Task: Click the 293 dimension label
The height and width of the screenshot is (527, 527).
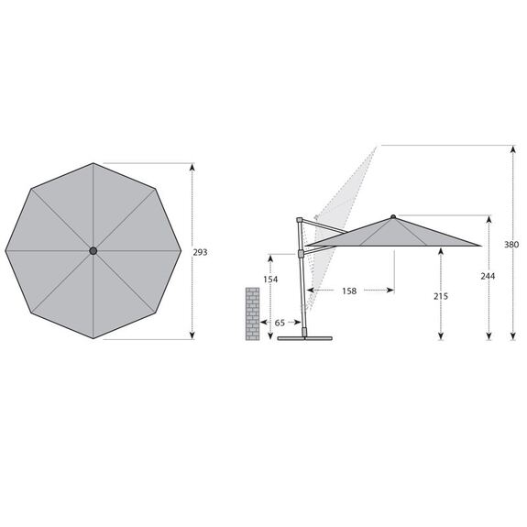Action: pos(200,252)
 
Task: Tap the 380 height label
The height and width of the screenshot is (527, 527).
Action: pos(511,245)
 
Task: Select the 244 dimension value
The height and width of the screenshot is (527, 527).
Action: pos(488,276)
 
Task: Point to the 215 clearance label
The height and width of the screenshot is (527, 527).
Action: pos(441,296)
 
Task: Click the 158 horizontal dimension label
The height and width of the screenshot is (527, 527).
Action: pos(349,291)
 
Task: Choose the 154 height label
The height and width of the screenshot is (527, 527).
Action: pos(270,280)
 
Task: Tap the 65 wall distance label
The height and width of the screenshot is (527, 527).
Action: pos(280,323)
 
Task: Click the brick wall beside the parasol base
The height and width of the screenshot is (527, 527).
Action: pos(252,314)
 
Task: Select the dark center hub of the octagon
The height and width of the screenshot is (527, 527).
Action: pos(93,251)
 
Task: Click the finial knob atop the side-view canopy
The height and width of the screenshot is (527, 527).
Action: pos(393,217)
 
